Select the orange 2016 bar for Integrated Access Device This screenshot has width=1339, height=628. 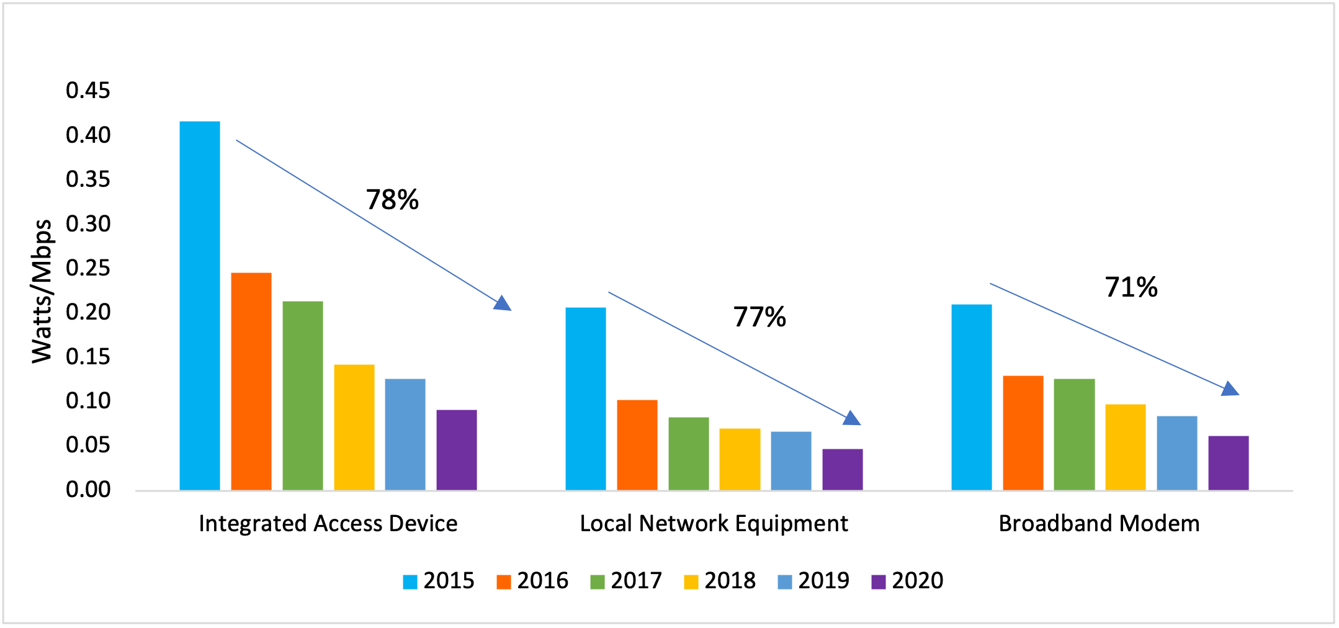tap(251, 382)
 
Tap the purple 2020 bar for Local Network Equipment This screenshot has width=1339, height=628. tap(842, 470)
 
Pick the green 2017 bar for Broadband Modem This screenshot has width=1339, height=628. tap(1074, 434)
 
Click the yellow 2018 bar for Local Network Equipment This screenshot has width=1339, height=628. tap(740, 459)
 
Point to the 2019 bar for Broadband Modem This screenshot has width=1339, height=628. tap(1176, 453)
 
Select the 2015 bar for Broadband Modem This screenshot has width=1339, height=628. tap(972, 397)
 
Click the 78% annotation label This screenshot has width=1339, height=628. tap(392, 200)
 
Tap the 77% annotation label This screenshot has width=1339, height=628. tap(759, 317)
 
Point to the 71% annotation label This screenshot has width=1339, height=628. tap(1131, 287)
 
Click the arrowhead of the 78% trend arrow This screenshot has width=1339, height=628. tap(503, 303)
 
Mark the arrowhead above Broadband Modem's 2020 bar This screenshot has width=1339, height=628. tap(1230, 389)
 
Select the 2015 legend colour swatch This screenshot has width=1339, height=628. tap(410, 582)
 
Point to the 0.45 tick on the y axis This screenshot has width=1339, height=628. tap(88, 91)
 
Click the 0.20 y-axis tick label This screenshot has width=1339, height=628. tap(88, 312)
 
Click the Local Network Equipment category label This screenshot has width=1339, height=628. tap(714, 524)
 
